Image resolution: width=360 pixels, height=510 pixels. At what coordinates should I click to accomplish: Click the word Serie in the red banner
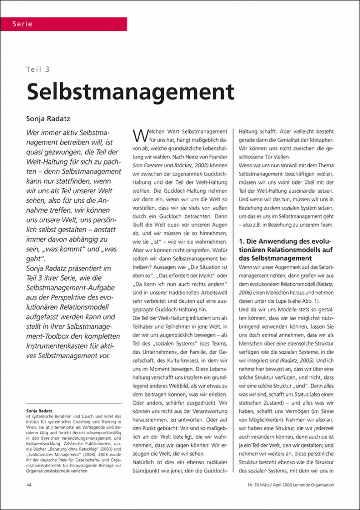(x=22, y=24)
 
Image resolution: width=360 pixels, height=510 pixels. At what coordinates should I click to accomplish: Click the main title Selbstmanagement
(x=130, y=92)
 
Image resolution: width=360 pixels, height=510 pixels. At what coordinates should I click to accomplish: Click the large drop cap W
(x=140, y=135)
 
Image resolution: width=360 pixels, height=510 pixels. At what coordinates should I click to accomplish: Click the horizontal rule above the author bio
(x=73, y=403)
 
